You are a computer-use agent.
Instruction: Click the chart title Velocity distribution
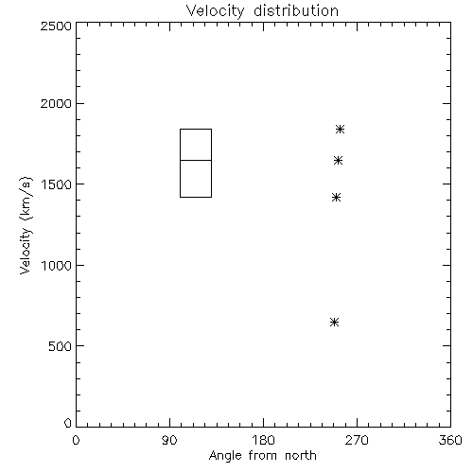coord(262,11)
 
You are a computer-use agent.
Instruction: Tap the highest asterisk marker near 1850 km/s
coord(340,129)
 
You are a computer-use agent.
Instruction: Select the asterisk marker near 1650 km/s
coord(338,161)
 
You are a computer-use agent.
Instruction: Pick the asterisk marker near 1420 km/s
coord(336,198)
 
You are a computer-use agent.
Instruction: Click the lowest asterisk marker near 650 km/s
coord(334,323)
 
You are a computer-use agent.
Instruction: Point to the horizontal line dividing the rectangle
coord(196,160)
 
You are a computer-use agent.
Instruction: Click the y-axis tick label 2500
coord(56,26)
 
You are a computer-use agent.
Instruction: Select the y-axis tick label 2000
coord(56,103)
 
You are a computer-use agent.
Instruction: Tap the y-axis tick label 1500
coord(57,184)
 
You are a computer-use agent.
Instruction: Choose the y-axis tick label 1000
coord(57,266)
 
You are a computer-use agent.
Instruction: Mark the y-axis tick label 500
coord(60,346)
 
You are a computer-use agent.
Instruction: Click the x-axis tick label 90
coord(169,440)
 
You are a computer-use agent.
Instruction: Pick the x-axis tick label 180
coord(263,440)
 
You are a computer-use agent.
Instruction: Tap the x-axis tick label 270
coord(357,440)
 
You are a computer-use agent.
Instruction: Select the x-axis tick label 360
coord(450,440)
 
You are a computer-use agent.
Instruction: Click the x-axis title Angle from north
coord(262,456)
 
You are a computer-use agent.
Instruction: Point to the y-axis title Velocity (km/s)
coord(26,225)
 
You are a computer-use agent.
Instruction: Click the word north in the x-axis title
coord(301,456)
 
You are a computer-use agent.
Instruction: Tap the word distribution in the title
coord(296,10)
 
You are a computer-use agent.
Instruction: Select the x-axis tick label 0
coord(76,440)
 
